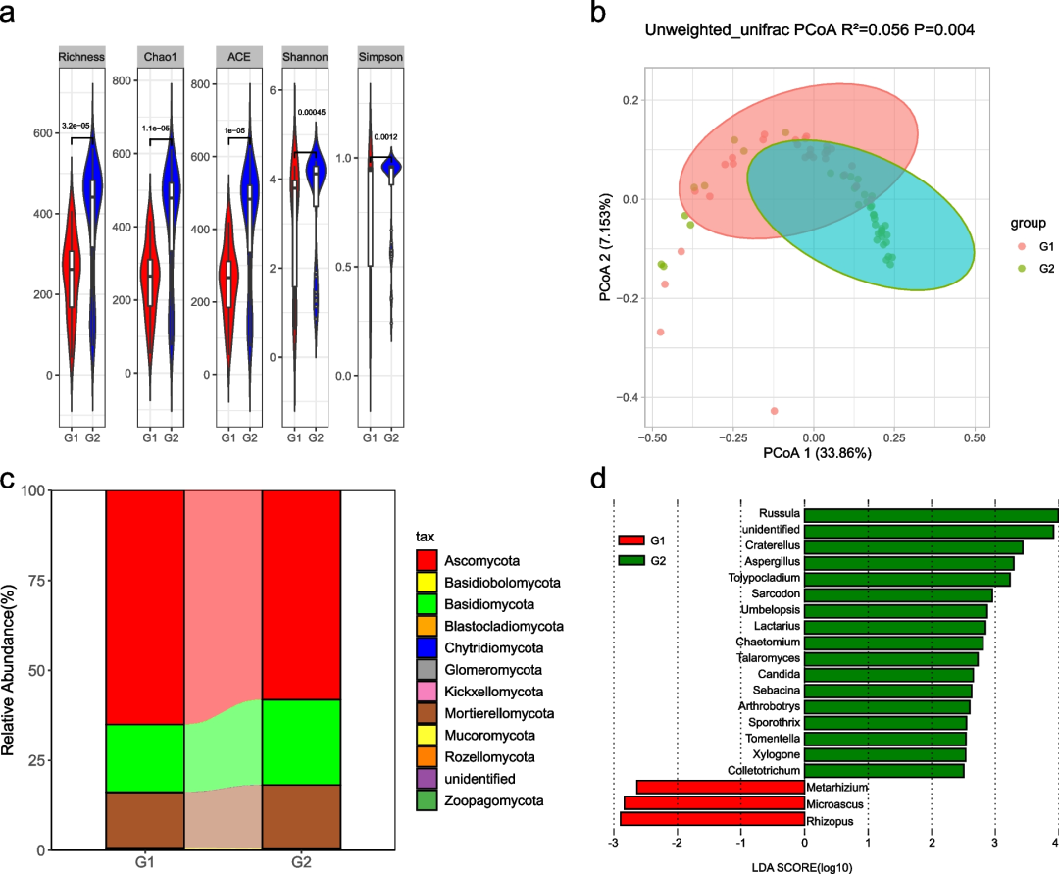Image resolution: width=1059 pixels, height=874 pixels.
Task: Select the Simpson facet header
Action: coord(383,58)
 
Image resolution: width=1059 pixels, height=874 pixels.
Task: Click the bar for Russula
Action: coord(931,514)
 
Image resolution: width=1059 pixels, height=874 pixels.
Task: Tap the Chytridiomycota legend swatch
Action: coord(428,648)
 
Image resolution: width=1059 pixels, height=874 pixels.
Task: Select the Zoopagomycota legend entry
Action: coord(493,801)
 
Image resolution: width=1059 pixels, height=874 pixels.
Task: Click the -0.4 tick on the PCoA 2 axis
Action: coord(628,397)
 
